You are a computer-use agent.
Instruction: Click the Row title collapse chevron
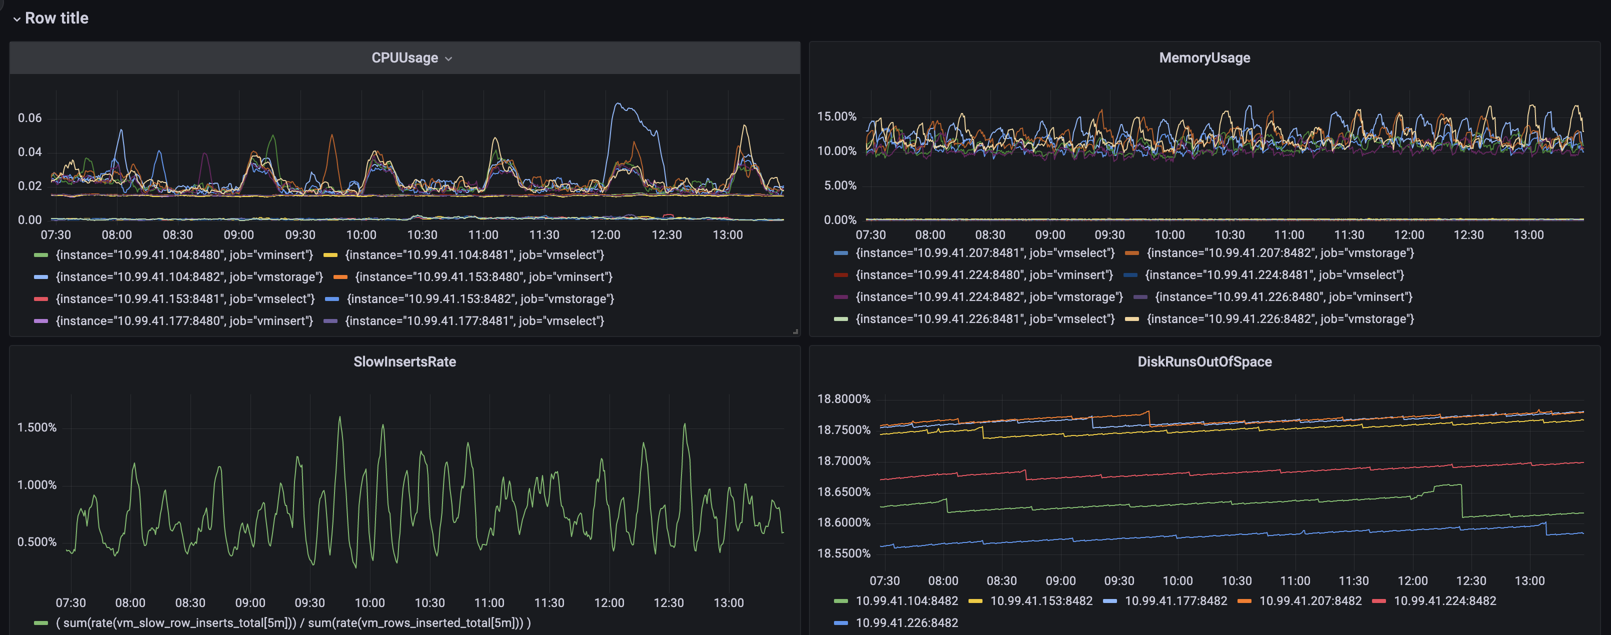pyautogui.click(x=17, y=19)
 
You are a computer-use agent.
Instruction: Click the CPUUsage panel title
pyautogui.click(x=404, y=57)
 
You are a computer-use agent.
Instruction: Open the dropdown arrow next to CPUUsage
pyautogui.click(x=448, y=59)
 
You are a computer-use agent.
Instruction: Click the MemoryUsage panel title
pyautogui.click(x=1204, y=57)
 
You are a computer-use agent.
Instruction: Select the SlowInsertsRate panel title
pyautogui.click(x=404, y=361)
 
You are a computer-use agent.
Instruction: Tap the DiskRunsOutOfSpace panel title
pyautogui.click(x=1204, y=361)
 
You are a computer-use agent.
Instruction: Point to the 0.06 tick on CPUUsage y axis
pyautogui.click(x=29, y=117)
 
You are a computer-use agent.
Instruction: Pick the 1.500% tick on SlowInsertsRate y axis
pyautogui.click(x=36, y=427)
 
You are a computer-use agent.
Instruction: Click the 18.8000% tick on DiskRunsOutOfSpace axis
pyautogui.click(x=843, y=398)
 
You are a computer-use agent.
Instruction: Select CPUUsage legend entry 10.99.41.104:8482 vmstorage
pyautogui.click(x=189, y=276)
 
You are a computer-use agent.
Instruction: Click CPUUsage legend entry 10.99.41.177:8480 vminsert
pyautogui.click(x=184, y=320)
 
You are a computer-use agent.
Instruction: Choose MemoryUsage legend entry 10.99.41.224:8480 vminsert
pyautogui.click(x=983, y=274)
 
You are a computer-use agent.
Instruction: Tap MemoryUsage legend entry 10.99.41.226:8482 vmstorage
pyautogui.click(x=1279, y=318)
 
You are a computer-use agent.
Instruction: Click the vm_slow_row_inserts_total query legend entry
pyautogui.click(x=292, y=622)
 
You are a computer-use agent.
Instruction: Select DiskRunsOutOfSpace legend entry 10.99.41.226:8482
pyautogui.click(x=906, y=622)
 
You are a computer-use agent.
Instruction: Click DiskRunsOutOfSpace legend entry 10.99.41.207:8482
pyautogui.click(x=1309, y=600)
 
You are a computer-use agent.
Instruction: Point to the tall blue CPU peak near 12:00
pyautogui.click(x=618, y=104)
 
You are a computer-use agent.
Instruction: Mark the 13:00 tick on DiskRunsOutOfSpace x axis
pyautogui.click(x=1529, y=580)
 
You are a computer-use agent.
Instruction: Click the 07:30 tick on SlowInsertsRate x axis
pyautogui.click(x=70, y=602)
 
